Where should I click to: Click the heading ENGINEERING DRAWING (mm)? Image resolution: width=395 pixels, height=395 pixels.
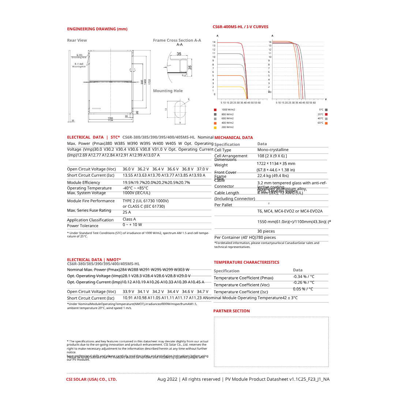(97, 29)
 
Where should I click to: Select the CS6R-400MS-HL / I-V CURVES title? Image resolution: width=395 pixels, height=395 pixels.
(240, 27)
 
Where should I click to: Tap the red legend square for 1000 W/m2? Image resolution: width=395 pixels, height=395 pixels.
(215, 110)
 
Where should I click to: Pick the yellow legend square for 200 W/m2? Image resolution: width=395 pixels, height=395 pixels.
(215, 127)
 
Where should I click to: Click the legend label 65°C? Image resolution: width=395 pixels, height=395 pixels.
(320, 123)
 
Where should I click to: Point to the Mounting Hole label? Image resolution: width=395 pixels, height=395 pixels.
(168, 91)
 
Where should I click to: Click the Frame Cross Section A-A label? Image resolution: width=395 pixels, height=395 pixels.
(177, 40)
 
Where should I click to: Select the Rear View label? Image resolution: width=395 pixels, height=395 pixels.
(77, 40)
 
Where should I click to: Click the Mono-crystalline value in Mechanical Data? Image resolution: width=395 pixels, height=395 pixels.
(273, 150)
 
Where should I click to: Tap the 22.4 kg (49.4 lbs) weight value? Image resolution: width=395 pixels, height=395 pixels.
(273, 176)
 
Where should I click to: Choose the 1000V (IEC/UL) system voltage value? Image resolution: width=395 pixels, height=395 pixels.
(136, 193)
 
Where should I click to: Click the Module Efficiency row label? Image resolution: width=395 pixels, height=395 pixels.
(83, 183)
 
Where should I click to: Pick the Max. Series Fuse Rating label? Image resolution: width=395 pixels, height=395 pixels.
(89, 210)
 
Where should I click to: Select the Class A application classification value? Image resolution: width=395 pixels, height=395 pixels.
(129, 219)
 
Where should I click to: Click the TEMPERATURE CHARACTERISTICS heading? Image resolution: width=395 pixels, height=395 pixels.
(246, 262)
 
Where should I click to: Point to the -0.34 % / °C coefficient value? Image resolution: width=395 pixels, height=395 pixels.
(304, 276)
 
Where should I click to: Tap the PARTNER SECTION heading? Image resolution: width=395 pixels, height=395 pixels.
(232, 311)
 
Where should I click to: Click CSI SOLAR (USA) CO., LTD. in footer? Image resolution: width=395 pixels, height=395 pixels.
(91, 379)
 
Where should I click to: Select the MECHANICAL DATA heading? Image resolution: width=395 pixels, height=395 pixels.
(233, 138)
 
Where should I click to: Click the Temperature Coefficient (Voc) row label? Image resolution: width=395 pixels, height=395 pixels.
(241, 285)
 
